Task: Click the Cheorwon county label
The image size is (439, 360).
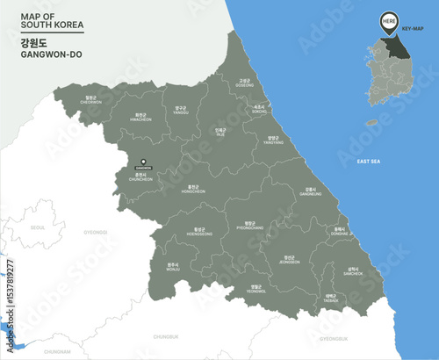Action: pos(91,100)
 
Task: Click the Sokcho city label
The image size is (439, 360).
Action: pos(258,110)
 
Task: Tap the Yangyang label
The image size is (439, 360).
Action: pos(273,140)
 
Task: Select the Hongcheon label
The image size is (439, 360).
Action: pos(193,189)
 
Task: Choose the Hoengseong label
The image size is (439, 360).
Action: pos(199,233)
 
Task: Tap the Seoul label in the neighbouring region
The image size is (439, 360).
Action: pos(37,227)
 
